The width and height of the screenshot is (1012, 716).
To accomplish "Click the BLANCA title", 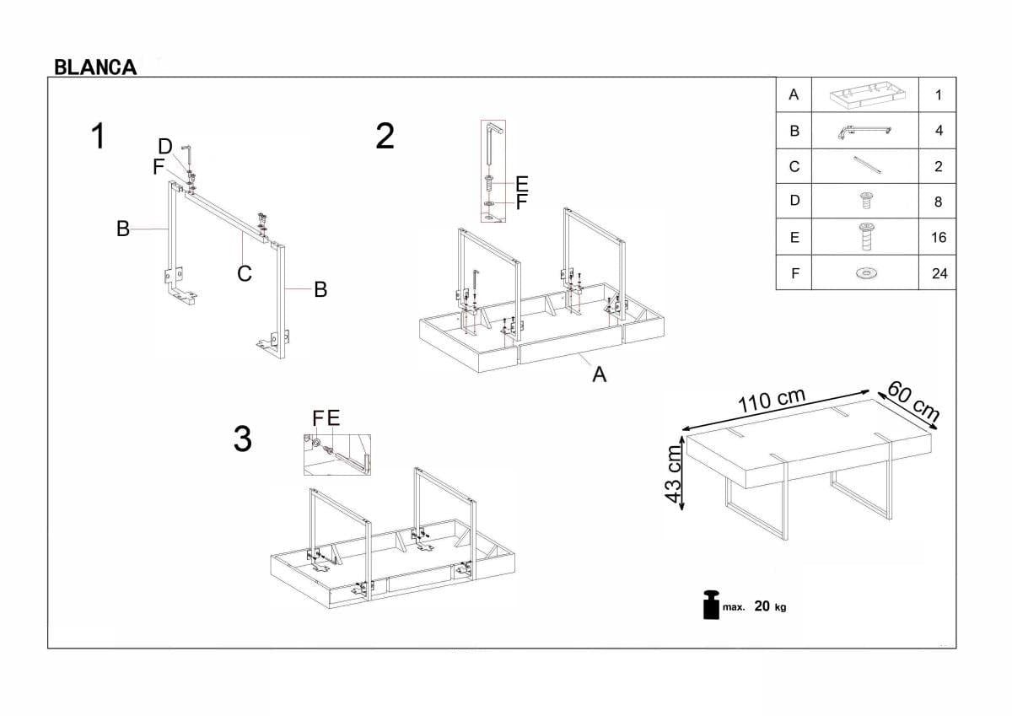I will [95, 67].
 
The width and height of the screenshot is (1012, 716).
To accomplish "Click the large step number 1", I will [100, 137].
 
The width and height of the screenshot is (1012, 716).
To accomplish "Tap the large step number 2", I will [385, 137].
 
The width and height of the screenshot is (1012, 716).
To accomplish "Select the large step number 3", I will [242, 439].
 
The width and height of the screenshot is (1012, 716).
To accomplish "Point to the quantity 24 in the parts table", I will [939, 273].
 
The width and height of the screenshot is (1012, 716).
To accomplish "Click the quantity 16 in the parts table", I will [939, 238].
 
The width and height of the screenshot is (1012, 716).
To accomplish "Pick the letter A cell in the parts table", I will [794, 95].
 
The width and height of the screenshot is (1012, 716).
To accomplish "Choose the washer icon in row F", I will [864, 273].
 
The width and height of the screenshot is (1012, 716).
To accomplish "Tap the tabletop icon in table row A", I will [864, 95].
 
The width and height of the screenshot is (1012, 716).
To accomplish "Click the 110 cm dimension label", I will [771, 401].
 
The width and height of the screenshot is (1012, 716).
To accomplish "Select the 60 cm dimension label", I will [913, 401].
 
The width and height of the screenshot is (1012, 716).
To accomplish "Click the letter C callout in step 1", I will [245, 273].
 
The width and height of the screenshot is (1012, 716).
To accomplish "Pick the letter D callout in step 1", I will [165, 147].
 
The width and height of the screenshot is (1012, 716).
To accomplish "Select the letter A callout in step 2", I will [599, 374].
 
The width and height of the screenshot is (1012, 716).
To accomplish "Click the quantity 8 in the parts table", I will [939, 202].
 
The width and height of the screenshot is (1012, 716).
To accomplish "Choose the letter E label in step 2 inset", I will [521, 183].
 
